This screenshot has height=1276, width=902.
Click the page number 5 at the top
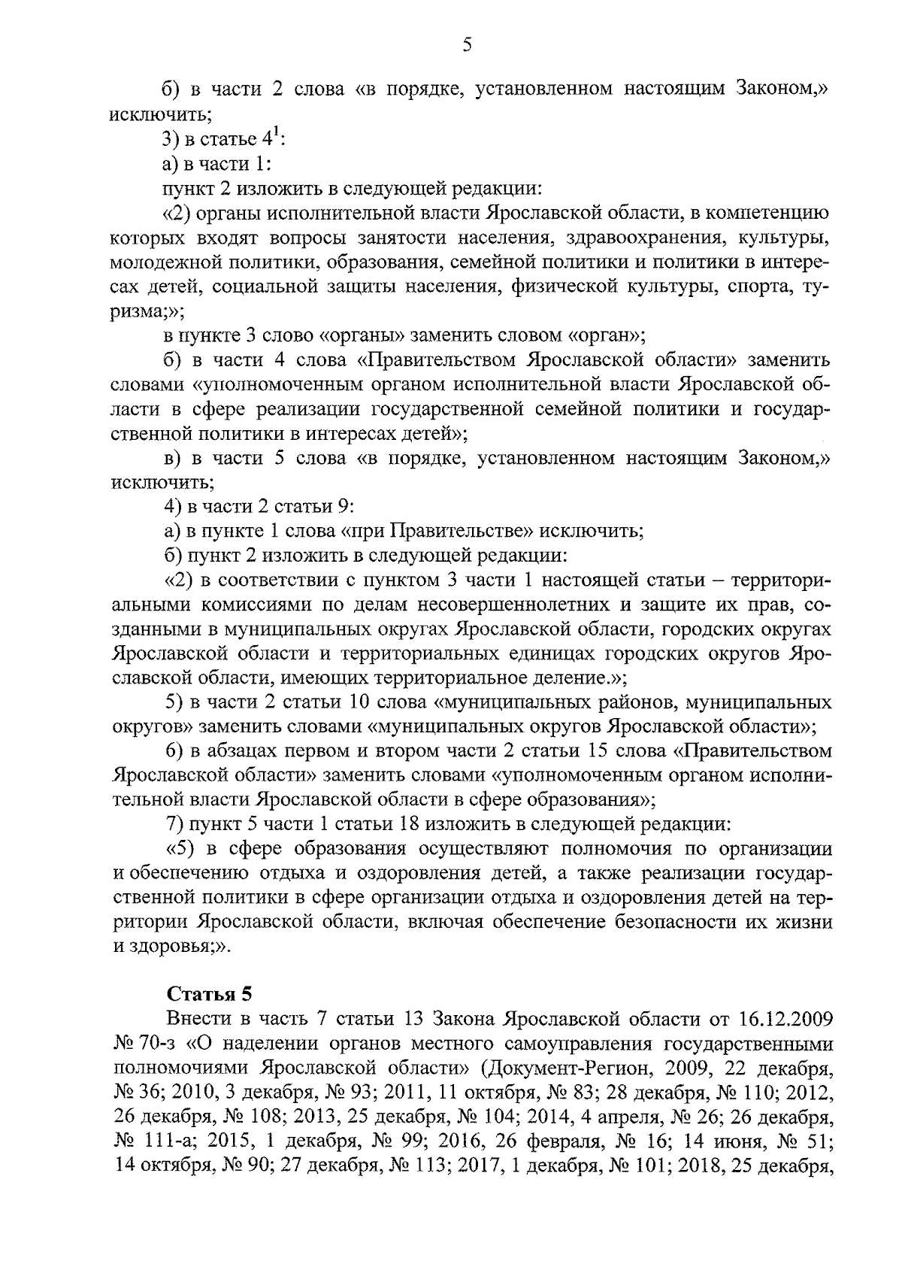pos(467,46)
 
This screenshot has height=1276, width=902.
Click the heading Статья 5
pos(209,994)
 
